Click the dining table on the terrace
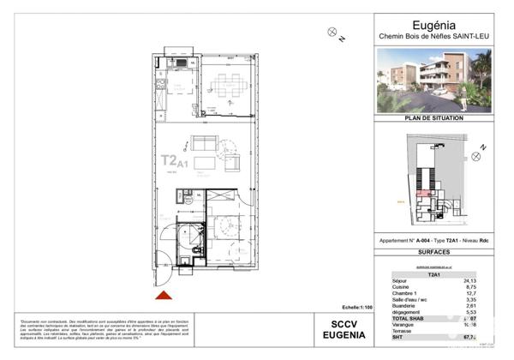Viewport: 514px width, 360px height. pyautogui.click(x=228, y=85)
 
